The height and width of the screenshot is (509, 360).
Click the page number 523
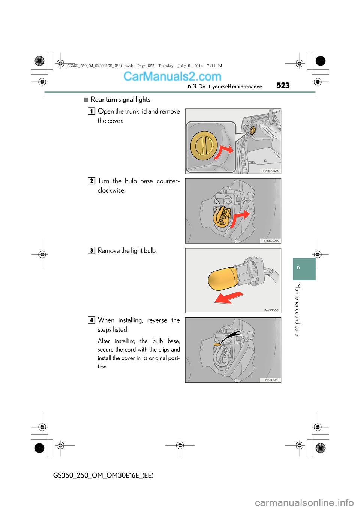(x=283, y=85)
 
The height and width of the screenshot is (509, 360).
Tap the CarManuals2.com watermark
(x=172, y=76)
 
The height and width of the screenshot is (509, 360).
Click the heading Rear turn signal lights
(x=120, y=99)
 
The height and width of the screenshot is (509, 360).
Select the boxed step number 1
(x=91, y=111)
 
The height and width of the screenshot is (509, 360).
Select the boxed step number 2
(x=91, y=181)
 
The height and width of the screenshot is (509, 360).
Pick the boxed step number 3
(x=91, y=250)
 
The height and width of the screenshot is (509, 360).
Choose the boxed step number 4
(x=91, y=320)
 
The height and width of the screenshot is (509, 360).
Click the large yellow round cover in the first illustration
(x=204, y=145)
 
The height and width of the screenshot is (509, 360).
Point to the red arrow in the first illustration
(x=224, y=151)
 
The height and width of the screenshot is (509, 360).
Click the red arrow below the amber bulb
(x=229, y=298)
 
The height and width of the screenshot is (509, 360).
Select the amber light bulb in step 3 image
(x=223, y=279)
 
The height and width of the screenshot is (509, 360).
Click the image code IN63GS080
(x=271, y=241)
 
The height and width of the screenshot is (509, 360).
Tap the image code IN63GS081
(x=271, y=310)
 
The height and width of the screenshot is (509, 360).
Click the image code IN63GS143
(x=271, y=380)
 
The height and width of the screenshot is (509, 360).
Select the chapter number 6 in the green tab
(x=298, y=268)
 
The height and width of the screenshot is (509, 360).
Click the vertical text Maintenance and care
(x=297, y=310)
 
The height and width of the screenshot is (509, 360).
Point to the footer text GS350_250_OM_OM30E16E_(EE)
(x=103, y=475)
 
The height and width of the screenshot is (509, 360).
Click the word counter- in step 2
(x=168, y=181)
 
